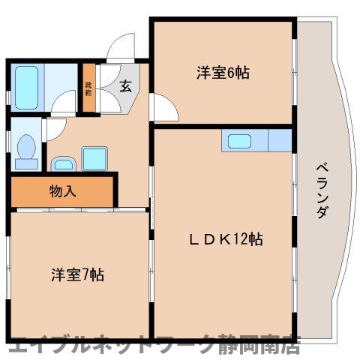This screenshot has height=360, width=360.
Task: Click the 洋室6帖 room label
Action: tap(223, 73)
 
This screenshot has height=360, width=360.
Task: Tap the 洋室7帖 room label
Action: tap(77, 275)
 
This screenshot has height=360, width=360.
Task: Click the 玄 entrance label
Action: tap(125, 86)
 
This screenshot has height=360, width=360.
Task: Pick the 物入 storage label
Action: tap(63, 190)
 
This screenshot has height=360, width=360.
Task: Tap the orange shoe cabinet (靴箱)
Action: tap(89, 91)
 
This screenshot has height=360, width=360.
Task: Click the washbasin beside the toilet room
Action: tap(62, 162)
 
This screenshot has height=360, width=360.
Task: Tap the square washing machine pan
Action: tap(94, 159)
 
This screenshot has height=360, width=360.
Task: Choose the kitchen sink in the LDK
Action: tap(240, 141)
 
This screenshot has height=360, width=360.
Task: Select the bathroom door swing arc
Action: tap(61, 108)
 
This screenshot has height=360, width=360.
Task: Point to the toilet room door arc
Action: tap(52, 129)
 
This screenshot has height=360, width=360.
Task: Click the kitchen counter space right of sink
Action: tap(278, 140)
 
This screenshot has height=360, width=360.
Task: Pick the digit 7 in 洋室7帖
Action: tap(85, 275)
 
